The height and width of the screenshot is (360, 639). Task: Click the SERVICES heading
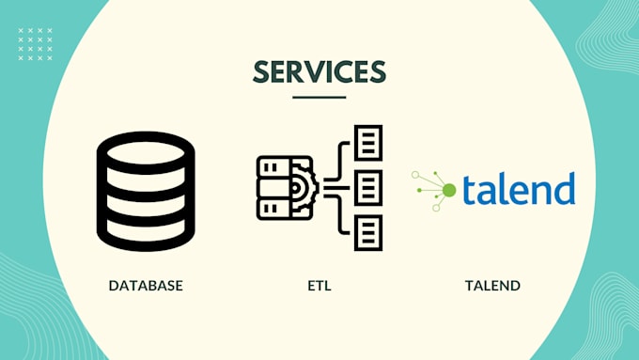pyautogui.click(x=319, y=73)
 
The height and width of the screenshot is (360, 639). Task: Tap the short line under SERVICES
pyautogui.click(x=319, y=97)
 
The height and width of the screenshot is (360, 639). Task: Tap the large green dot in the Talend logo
pyautogui.click(x=449, y=191)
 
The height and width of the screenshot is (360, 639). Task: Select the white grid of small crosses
pyautogui.click(x=36, y=44)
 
